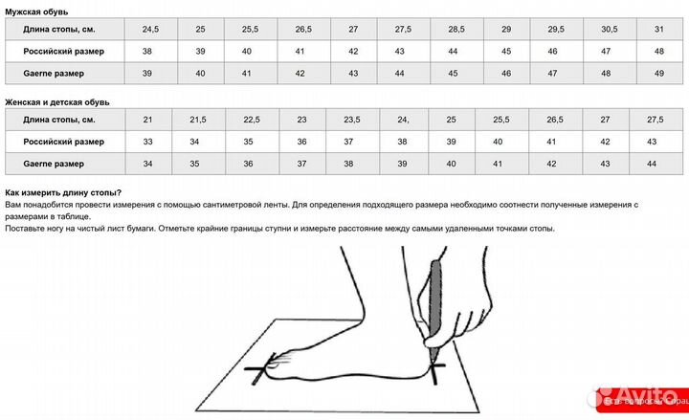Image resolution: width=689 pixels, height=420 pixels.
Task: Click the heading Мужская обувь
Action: click(x=36, y=11)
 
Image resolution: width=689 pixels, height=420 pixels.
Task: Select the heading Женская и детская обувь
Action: click(x=57, y=102)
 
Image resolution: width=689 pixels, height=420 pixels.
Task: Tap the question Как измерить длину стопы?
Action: click(x=63, y=192)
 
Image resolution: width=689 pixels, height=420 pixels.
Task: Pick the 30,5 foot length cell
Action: click(x=609, y=29)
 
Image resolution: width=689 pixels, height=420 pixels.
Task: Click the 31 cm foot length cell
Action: click(x=659, y=29)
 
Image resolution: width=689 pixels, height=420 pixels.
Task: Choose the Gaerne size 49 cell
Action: click(x=659, y=74)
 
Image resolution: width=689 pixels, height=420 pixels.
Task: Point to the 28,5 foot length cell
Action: click(x=456, y=29)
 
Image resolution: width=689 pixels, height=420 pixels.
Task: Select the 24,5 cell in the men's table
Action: click(x=151, y=29)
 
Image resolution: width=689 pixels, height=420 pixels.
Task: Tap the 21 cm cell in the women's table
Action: click(x=148, y=120)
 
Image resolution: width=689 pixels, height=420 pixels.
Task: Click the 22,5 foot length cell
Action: click(x=252, y=120)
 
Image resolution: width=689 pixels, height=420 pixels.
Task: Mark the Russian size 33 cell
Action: click(x=148, y=142)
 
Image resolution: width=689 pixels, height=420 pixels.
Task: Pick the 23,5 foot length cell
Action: click(x=352, y=120)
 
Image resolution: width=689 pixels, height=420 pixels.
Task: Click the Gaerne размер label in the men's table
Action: click(x=54, y=74)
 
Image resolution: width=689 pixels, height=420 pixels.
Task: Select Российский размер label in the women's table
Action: click(x=64, y=142)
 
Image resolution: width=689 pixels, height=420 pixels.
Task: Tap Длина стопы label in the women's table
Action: click(x=59, y=120)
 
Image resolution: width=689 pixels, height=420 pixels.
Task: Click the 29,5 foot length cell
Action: click(x=556, y=29)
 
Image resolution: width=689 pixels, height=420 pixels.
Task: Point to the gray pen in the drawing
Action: click(x=434, y=307)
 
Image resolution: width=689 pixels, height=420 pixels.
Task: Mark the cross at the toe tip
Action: click(x=261, y=369)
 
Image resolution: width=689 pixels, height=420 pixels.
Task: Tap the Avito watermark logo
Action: click(x=637, y=397)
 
